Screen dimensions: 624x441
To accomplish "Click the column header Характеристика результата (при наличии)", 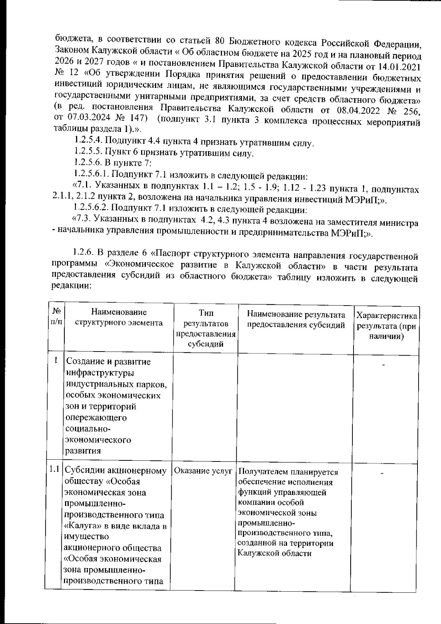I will pos(387,326).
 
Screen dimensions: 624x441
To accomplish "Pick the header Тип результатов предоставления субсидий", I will pos(206,328).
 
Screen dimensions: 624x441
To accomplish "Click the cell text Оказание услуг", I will pos(203,470).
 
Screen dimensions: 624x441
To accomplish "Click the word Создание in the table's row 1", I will pos(85,362).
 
